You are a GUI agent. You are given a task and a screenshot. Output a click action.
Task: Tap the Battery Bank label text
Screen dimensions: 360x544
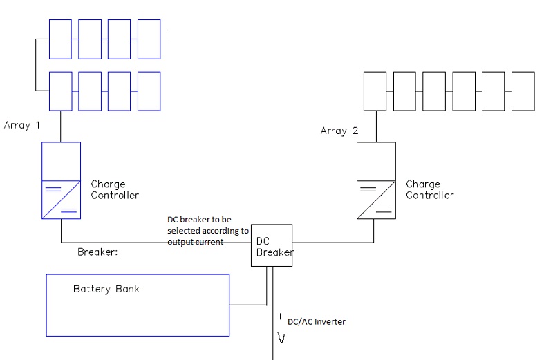[x=106, y=289]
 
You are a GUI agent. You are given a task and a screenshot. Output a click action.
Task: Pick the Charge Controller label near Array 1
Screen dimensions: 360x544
[x=115, y=190]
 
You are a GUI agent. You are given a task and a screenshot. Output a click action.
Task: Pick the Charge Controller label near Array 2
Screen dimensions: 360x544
[x=429, y=190]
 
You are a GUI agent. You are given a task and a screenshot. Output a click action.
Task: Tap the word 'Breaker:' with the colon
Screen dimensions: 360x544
[x=98, y=252]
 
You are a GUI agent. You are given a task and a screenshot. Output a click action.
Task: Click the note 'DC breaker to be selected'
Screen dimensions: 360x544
[x=207, y=231]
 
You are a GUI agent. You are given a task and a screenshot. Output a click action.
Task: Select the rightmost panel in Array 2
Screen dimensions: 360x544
[x=523, y=91]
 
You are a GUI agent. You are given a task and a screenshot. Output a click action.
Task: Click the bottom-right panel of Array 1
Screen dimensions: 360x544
[x=149, y=91]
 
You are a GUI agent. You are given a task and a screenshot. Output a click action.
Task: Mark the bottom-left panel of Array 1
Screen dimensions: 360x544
[x=61, y=91]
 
